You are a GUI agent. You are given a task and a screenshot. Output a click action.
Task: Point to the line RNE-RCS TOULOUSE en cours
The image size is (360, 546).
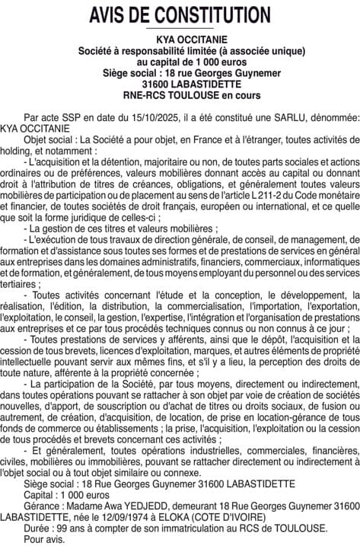[x=180, y=96]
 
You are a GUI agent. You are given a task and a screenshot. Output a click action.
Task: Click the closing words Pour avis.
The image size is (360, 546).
[x=44, y=538]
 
